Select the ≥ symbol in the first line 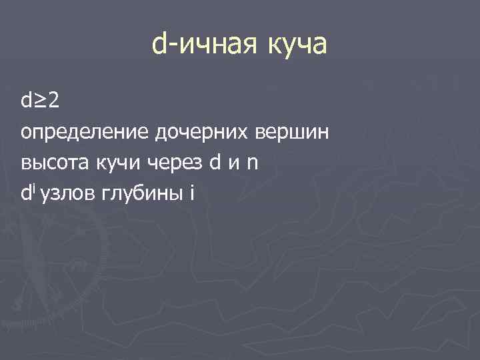[41, 102]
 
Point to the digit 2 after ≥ [54, 102]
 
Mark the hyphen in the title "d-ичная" [171, 47]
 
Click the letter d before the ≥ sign [27, 102]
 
